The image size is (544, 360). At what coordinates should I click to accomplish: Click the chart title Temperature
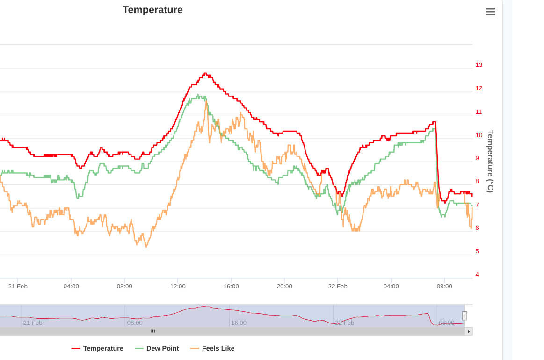(x=152, y=10)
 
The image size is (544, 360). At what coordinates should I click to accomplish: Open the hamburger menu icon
(x=490, y=11)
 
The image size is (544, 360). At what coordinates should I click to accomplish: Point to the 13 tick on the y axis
(x=479, y=65)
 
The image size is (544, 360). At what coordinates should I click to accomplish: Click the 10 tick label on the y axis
(x=479, y=135)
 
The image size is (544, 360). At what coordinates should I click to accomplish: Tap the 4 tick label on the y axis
(x=477, y=275)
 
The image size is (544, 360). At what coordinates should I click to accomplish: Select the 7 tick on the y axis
(x=477, y=205)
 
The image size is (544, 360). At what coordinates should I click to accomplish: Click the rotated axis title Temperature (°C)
(x=490, y=161)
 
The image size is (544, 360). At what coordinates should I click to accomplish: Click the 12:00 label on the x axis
(x=178, y=287)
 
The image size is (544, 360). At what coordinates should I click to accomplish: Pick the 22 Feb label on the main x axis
(x=338, y=287)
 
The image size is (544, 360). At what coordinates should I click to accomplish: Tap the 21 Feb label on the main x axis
(x=18, y=287)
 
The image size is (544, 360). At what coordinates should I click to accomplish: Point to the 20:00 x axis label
(x=284, y=287)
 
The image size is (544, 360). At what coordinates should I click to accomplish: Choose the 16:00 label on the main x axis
(x=231, y=287)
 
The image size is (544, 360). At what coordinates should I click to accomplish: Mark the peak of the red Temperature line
(x=205, y=73)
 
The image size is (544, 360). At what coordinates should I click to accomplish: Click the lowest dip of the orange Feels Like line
(x=146, y=247)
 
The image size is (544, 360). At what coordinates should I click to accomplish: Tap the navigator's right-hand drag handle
(x=464, y=316)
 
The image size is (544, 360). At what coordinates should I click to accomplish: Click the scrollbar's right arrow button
(x=469, y=331)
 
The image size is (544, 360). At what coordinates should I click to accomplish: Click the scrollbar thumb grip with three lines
(x=152, y=331)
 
